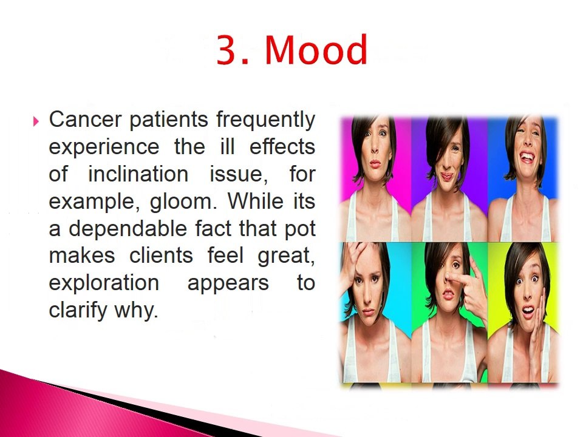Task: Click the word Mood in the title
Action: tap(316, 50)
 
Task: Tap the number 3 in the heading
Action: tap(228, 50)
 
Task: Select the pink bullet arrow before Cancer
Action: tap(36, 121)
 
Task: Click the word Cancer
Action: tap(85, 120)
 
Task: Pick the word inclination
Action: tap(138, 174)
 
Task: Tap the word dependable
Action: tap(128, 228)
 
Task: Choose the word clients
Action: tap(161, 256)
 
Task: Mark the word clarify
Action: tap(78, 311)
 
